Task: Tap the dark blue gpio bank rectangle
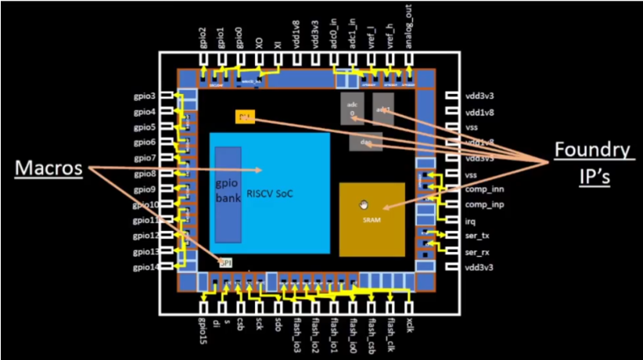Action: [228, 193]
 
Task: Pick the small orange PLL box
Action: [245, 117]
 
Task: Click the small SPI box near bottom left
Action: [225, 262]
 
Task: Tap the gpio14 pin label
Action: [144, 268]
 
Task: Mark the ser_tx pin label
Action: [476, 236]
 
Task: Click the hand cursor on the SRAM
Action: [363, 205]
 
